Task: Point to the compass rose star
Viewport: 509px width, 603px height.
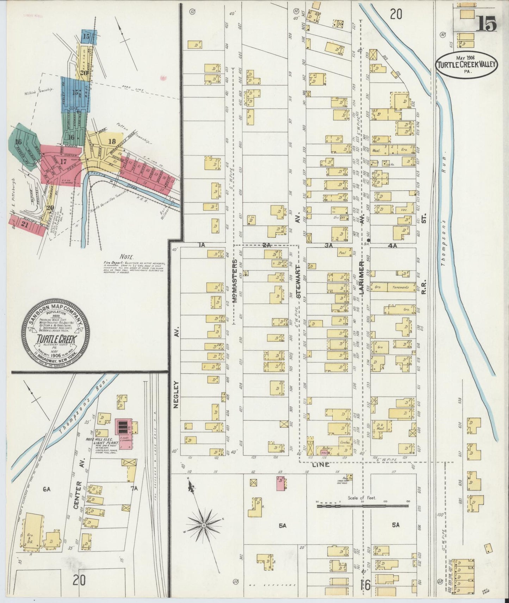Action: pyautogui.click(x=204, y=525)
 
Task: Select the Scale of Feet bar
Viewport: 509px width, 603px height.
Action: pyautogui.click(x=362, y=506)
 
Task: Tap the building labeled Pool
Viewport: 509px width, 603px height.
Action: pyautogui.click(x=341, y=252)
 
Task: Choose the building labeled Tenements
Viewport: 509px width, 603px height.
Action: pyautogui.click(x=401, y=287)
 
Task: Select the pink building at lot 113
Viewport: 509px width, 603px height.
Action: pyautogui.click(x=280, y=483)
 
